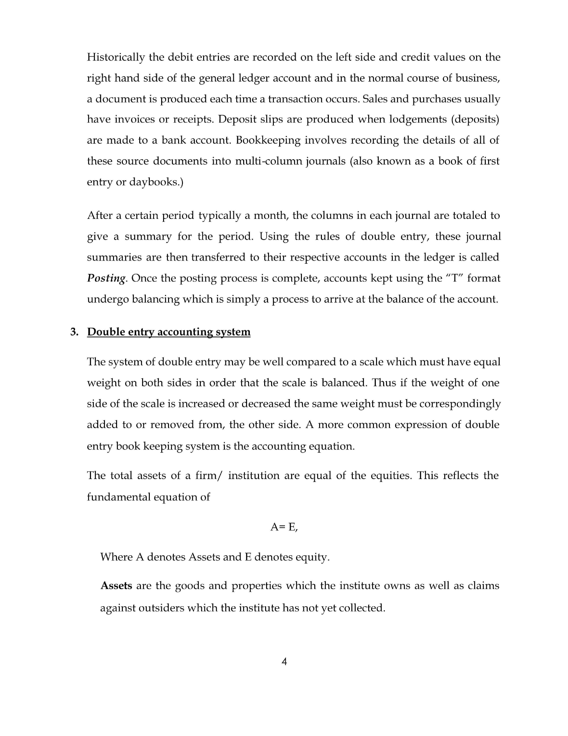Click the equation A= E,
[x=284, y=527]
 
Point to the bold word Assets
[x=116, y=585]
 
